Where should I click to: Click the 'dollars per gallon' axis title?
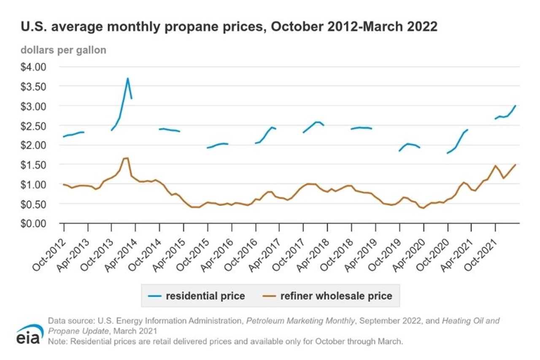coord(63,50)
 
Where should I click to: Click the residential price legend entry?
coord(197,296)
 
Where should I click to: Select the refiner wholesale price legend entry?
coord(329,296)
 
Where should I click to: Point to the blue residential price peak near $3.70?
coord(127,78)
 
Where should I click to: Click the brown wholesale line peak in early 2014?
coord(126,158)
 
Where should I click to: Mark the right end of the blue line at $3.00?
coord(516,106)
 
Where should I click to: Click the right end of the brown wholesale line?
coord(516,165)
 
